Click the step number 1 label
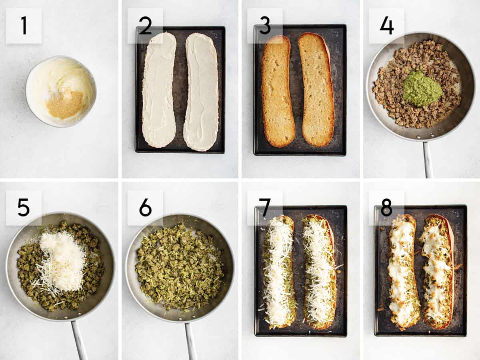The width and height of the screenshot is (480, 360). click(x=24, y=26)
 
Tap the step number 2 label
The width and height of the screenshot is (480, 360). click(x=145, y=26)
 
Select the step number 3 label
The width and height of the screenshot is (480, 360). click(x=265, y=26)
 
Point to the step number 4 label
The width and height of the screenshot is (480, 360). click(x=386, y=26)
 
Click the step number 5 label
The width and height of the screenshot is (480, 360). click(x=24, y=208)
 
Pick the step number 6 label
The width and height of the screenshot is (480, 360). click(x=145, y=208)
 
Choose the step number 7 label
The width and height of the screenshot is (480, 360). click(x=265, y=208)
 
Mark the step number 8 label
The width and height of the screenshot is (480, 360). click(x=386, y=208)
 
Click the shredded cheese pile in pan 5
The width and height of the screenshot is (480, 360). click(x=62, y=262)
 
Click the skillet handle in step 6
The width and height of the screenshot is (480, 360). click(x=190, y=340)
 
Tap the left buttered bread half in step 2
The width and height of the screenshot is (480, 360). click(x=159, y=90)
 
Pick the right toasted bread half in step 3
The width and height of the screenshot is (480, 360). click(x=317, y=90)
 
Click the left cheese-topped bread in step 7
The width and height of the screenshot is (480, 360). click(x=278, y=272)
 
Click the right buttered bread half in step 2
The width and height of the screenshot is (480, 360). click(x=201, y=92)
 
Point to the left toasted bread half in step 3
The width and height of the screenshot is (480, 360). click(x=278, y=91)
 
